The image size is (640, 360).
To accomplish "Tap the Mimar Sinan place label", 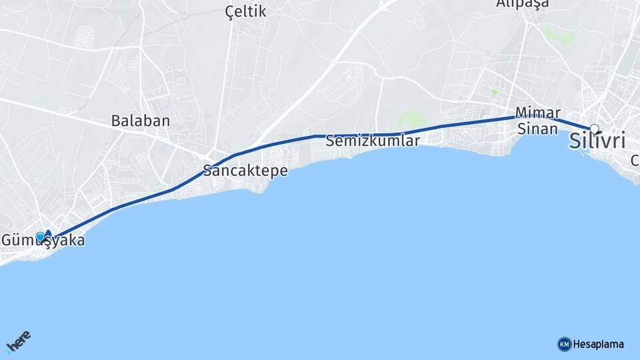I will [537, 121].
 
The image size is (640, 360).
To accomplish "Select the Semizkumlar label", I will [373, 141].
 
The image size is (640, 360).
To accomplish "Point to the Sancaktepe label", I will [246, 171].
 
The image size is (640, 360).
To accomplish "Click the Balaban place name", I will [141, 121].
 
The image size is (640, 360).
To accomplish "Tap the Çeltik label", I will [245, 11].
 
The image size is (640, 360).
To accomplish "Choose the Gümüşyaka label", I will [43, 240].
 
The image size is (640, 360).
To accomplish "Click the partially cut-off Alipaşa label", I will [523, 4].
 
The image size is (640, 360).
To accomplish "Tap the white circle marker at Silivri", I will [594, 128].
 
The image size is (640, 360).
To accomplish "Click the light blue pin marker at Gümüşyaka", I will [40, 237].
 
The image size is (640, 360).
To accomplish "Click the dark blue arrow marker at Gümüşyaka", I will [48, 235].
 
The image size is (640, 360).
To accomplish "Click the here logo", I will [18, 342].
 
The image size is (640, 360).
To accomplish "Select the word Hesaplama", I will [599, 345].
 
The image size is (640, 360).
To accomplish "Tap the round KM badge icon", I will [564, 345].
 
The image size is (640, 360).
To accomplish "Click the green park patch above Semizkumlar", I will [412, 119].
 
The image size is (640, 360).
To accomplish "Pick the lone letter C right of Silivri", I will [635, 161].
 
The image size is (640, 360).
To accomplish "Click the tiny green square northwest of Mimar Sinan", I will [494, 91].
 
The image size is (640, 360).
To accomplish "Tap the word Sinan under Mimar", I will [537, 129].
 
